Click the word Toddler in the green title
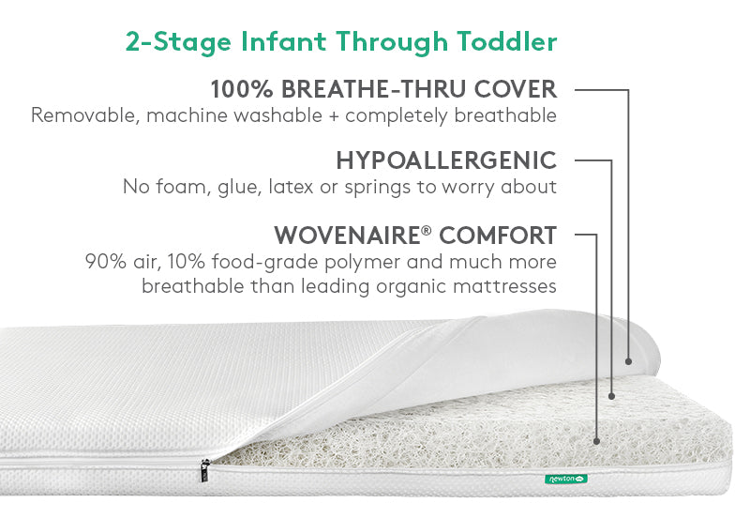pos(507,41)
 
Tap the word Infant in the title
pos(284,41)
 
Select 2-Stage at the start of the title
pos(179,42)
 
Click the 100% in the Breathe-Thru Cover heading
pos(242,89)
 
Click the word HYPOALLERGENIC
pos(446,160)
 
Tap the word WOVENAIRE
pos(347,235)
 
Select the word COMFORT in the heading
pos(498,235)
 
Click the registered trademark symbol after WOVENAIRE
pos(427,230)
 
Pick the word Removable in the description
pos(82,115)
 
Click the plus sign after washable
pos(334,116)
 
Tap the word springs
pos(378,188)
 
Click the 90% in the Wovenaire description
pos(106,262)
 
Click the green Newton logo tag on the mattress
pos(566,479)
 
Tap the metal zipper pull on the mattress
pos(205,469)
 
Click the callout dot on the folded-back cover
pos(628,361)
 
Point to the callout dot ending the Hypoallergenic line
pos(611,396)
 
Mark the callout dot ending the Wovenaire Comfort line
pos(596,441)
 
